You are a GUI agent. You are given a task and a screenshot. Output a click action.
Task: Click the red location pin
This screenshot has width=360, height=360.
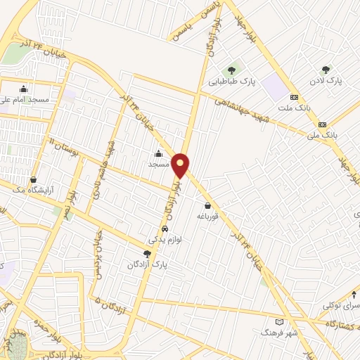181,164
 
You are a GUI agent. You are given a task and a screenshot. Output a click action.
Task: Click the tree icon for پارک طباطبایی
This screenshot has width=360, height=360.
231,70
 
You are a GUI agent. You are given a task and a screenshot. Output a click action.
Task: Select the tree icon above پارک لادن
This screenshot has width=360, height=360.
325,70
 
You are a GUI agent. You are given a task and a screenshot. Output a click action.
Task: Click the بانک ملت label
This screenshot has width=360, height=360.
294,108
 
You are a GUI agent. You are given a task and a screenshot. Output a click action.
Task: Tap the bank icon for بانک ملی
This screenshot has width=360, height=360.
322,122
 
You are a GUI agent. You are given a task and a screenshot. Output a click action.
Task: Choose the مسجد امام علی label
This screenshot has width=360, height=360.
24,100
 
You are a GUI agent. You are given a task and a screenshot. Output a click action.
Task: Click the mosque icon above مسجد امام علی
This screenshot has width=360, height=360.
24,89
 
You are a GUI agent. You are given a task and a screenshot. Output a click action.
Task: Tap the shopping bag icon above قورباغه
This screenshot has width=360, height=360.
208,206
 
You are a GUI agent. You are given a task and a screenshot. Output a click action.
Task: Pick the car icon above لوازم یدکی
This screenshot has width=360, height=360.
164,229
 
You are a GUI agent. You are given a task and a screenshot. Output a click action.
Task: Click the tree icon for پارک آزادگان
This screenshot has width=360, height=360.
146,253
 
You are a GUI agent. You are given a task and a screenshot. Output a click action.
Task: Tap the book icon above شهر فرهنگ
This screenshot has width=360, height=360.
280,321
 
